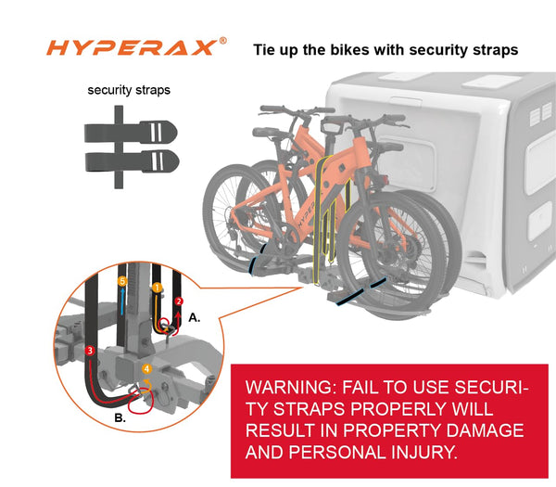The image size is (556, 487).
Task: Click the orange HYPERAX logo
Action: (x=132, y=47)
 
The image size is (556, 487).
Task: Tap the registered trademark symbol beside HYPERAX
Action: (x=222, y=41)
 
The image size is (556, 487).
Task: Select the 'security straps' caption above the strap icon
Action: (x=129, y=90)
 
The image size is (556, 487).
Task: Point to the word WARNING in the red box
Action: (x=292, y=387)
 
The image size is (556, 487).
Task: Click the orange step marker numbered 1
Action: (x=158, y=288)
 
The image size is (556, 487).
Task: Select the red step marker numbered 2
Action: (x=179, y=301)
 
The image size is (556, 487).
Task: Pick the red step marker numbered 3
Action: (x=90, y=351)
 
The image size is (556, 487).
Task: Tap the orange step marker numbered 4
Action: (x=146, y=369)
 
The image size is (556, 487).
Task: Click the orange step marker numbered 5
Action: (x=122, y=281)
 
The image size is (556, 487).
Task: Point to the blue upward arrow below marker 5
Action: (x=122, y=301)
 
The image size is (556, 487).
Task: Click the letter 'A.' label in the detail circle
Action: (x=194, y=317)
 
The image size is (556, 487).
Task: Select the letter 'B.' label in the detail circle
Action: (x=120, y=417)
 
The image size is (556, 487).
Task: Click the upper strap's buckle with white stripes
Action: (x=158, y=132)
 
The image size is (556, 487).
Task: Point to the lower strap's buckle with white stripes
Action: (x=159, y=161)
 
